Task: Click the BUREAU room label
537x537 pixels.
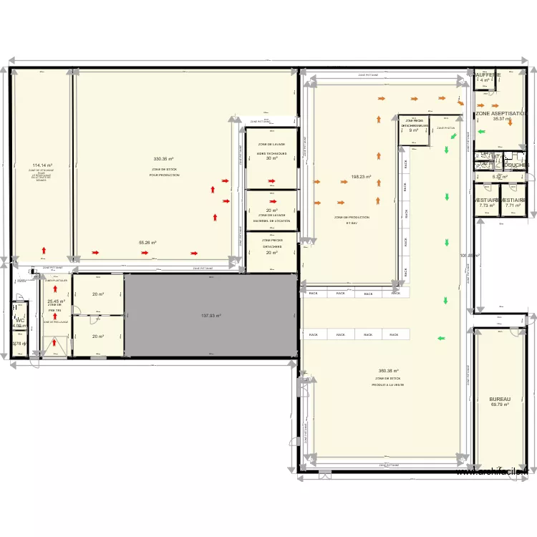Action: click(499, 399)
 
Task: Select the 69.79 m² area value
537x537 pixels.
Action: click(499, 405)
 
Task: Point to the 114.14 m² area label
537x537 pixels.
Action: click(42, 165)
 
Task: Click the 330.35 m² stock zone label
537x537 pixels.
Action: click(165, 159)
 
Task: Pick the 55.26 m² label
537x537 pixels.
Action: click(147, 243)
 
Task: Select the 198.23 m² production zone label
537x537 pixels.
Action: click(361, 177)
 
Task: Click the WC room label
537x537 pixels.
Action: click(19, 320)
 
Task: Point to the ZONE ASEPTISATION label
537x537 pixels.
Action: click(502, 114)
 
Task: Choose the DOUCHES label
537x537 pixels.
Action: click(516, 165)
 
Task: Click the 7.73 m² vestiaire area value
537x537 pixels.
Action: click(487, 205)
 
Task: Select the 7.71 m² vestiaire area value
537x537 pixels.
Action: click(513, 205)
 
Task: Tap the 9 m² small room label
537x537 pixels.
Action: click(413, 130)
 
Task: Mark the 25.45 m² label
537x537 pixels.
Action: click(56, 301)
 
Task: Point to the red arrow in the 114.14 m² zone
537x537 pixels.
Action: click(44, 251)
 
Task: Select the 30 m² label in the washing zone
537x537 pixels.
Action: click(271, 158)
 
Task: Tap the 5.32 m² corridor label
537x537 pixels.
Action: click(499, 177)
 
